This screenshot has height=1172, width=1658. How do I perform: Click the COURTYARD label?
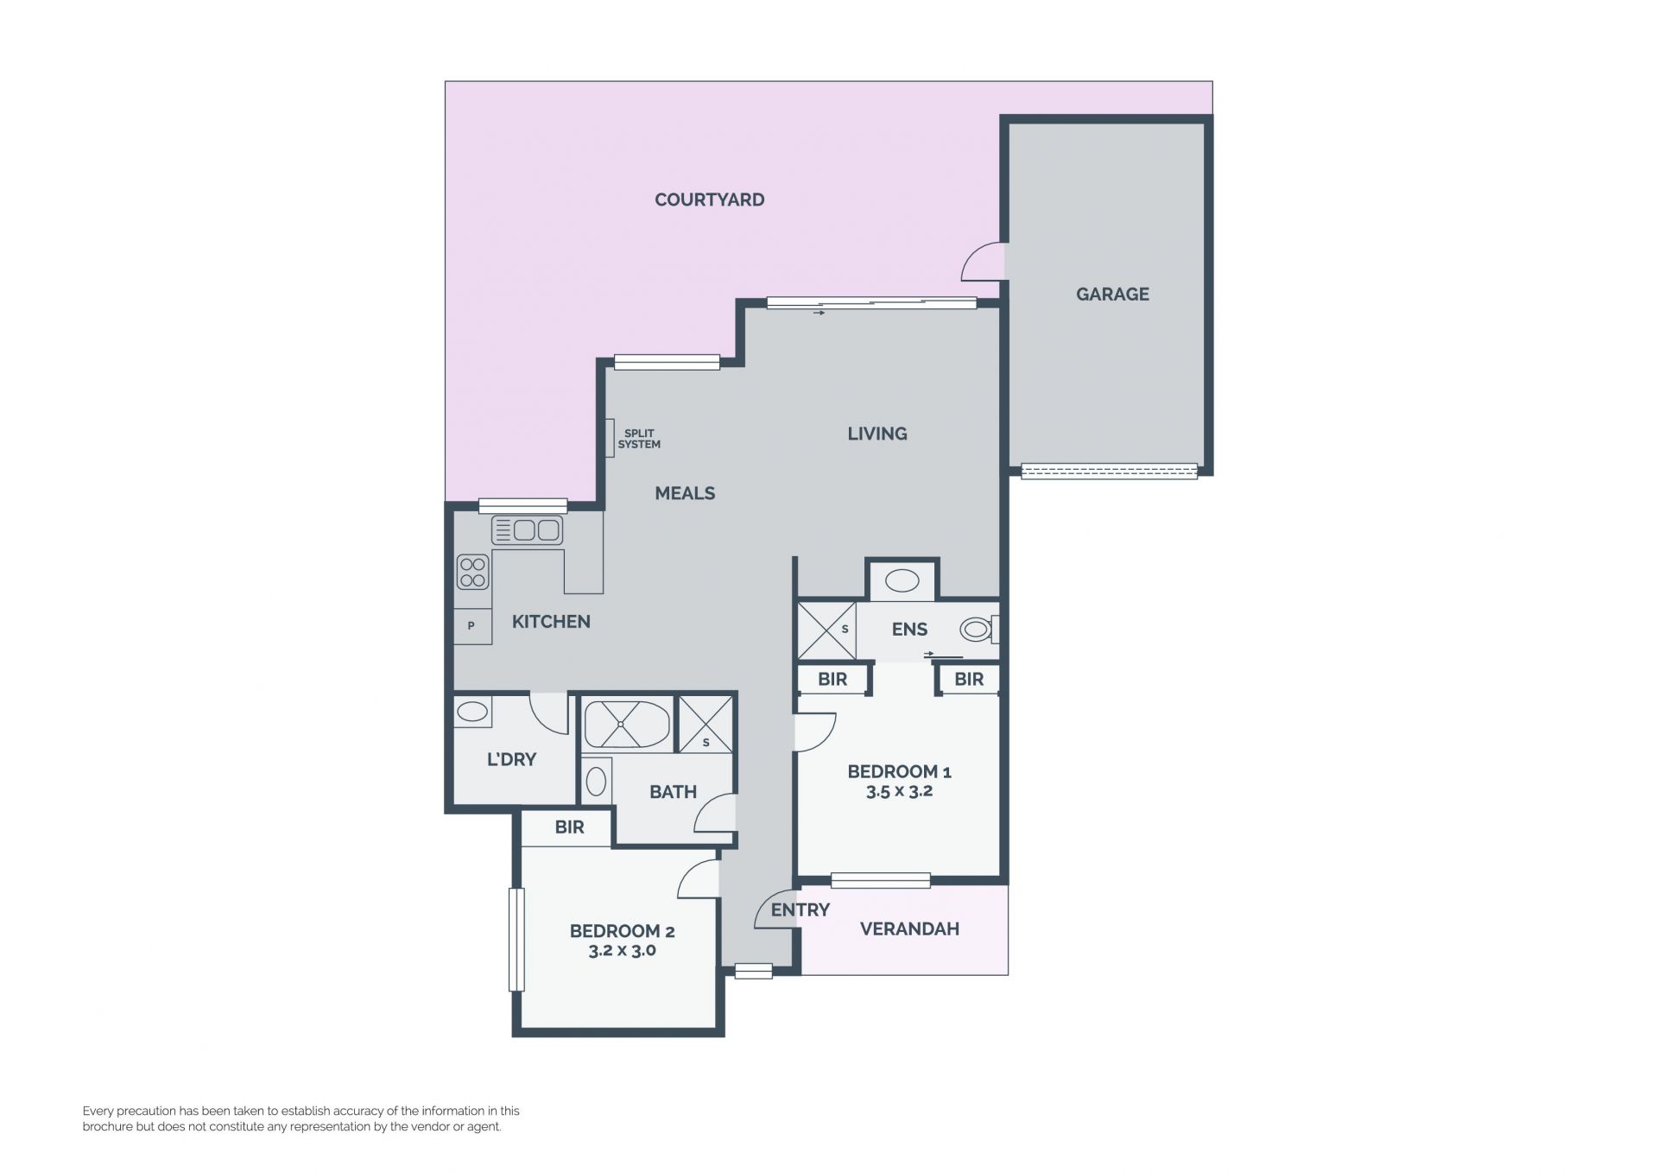click(709, 200)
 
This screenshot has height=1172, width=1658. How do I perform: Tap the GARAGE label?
click(1112, 295)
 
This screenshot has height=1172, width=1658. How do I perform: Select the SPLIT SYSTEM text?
click(639, 439)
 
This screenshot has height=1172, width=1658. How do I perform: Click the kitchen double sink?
click(527, 529)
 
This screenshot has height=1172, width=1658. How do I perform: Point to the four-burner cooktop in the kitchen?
click(472, 572)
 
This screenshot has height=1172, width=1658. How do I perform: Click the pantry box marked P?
click(472, 626)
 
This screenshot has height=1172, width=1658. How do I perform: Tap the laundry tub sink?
click(471, 712)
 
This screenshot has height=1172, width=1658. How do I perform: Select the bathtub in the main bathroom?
click(627, 724)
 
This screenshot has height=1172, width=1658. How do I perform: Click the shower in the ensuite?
click(826, 630)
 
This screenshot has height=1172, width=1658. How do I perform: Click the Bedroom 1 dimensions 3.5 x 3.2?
click(899, 791)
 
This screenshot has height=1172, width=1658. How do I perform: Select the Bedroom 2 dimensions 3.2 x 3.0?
click(622, 951)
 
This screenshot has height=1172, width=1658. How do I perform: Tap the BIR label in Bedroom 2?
click(569, 827)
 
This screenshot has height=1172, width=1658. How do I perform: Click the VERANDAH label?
click(909, 929)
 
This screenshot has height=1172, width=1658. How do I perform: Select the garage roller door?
click(1109, 472)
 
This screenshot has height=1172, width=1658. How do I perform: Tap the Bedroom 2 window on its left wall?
click(516, 940)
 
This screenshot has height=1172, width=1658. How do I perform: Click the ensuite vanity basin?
click(902, 581)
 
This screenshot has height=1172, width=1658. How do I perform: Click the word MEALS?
click(685, 494)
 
